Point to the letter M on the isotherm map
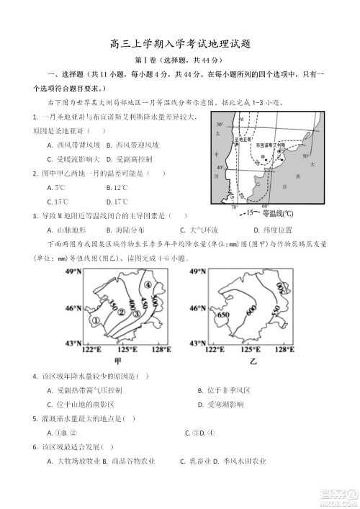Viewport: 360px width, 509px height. coord(243,119)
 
